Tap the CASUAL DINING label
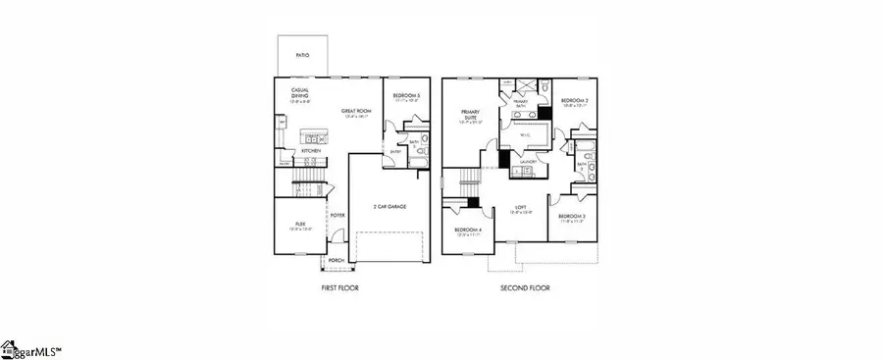(x=300, y=94)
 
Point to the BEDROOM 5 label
(x=406, y=96)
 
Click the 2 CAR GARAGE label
(x=390, y=206)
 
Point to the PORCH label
(x=337, y=260)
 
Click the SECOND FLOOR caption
(x=526, y=288)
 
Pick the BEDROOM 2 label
(x=574, y=101)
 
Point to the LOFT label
(x=522, y=208)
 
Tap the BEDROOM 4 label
(x=465, y=231)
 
